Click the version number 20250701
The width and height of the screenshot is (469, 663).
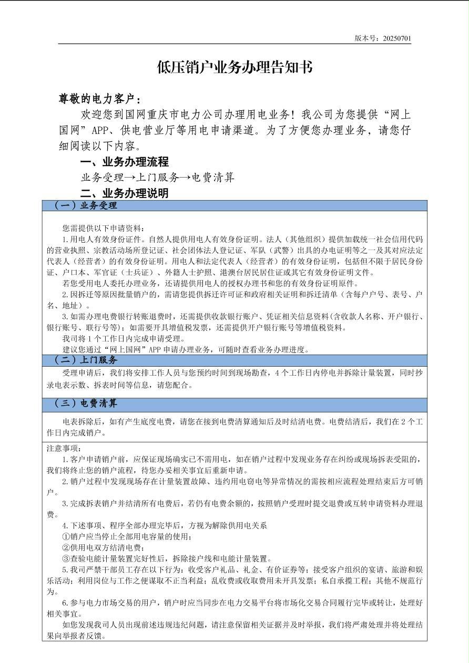(x=397, y=38)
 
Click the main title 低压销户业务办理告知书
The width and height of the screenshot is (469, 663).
(x=234, y=67)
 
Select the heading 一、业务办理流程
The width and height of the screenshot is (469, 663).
(x=124, y=162)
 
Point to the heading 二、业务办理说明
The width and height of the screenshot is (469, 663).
(x=124, y=193)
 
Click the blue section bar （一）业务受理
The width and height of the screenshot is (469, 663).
(x=234, y=205)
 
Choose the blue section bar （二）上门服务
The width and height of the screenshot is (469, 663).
(x=234, y=360)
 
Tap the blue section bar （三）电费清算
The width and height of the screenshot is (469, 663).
(x=234, y=403)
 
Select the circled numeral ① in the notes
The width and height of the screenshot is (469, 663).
(x=66, y=536)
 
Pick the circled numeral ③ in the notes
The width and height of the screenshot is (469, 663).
(x=66, y=558)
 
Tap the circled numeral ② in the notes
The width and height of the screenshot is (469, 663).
(x=66, y=547)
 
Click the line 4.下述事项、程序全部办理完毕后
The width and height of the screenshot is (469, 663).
(x=165, y=525)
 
